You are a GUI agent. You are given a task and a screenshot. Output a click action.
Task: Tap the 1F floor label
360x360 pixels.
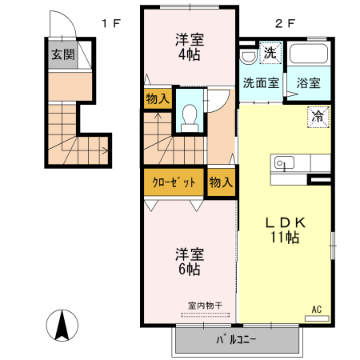[110, 23]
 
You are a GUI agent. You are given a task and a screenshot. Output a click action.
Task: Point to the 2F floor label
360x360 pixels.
[284, 23]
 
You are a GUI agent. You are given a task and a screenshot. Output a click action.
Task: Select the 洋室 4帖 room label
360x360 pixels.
[190, 47]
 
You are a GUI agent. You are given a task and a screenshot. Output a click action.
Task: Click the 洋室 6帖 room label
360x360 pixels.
[189, 262]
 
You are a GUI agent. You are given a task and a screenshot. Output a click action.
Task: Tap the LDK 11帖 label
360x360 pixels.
[283, 230]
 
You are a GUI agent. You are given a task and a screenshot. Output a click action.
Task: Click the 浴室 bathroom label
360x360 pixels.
[309, 82]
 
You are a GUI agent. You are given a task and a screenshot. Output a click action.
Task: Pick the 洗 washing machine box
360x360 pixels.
[270, 54]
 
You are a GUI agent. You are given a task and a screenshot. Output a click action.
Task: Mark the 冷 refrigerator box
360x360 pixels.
[318, 117]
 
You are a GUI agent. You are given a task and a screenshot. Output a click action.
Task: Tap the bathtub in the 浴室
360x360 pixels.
[309, 57]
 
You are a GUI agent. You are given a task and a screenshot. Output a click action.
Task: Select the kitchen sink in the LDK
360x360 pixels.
[283, 164]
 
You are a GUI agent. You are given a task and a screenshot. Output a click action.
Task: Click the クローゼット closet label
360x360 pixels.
[174, 182]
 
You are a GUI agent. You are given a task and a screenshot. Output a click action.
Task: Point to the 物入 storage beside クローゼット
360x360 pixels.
[221, 182]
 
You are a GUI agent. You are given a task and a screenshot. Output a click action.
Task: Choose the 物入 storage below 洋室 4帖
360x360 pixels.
[157, 99]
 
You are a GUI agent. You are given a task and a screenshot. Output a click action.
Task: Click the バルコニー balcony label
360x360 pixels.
[236, 340]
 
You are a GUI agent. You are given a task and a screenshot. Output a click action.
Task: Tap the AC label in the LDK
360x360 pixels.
[316, 310]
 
